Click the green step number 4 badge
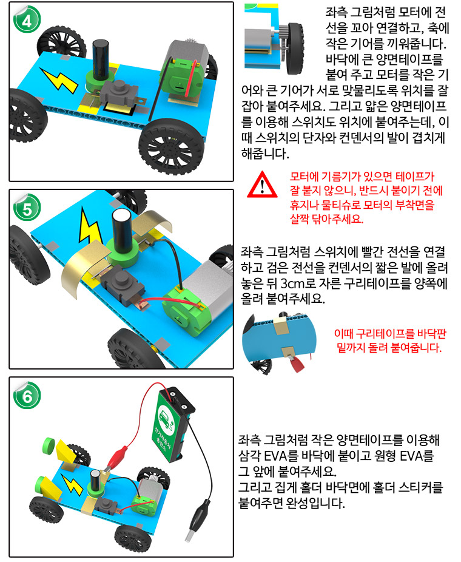[x=27, y=19]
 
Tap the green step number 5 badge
[x=27, y=208]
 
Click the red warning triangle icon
[x=262, y=185]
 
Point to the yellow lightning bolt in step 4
[x=59, y=80]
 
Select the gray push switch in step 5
[x=123, y=282]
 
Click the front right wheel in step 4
[x=171, y=146]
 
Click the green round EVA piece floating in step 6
[x=49, y=445]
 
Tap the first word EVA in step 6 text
[x=276, y=456]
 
